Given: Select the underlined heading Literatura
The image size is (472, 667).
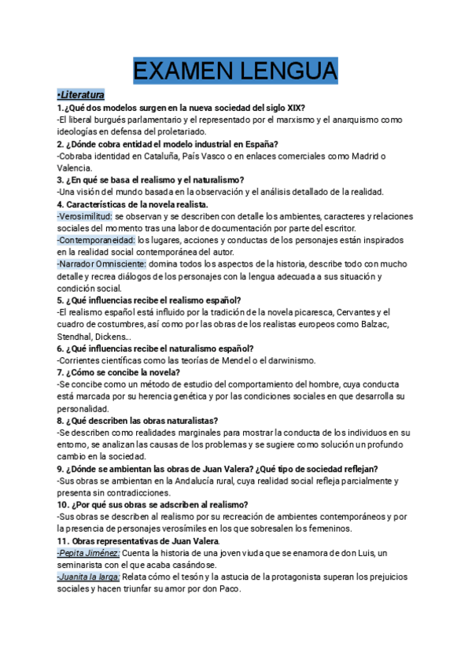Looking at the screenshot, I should coord(83,95).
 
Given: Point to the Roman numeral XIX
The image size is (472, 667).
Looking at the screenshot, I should coord(294,108).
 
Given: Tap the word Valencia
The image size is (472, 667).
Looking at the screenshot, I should coord(76,168).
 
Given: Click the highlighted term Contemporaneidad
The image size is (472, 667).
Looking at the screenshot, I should coord(96,241).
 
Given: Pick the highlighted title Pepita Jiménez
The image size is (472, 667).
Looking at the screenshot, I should coord(88,554).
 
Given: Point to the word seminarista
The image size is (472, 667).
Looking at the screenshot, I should coord(84,566).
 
